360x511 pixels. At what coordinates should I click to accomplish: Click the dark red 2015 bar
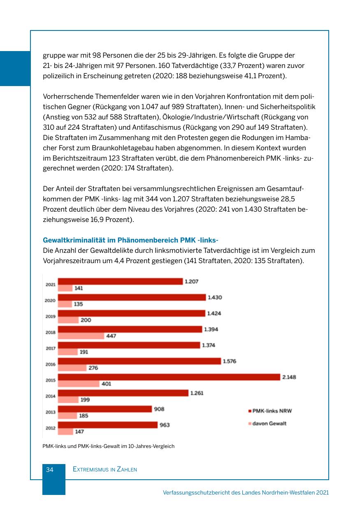pyautogui.click(x=169, y=377)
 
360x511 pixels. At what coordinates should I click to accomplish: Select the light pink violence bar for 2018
pyautogui.click(x=81, y=336)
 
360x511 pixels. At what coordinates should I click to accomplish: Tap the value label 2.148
pyautogui.click(x=289, y=377)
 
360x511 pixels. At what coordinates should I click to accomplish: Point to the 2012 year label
pyautogui.click(x=50, y=428)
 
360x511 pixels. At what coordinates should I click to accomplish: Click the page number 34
pyautogui.click(x=50, y=469)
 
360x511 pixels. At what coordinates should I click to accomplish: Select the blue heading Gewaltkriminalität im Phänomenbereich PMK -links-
pyautogui.click(x=130, y=240)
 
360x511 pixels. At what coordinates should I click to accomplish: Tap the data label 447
pyautogui.click(x=111, y=336)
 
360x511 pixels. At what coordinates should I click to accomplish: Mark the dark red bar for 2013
pyautogui.click(x=105, y=409)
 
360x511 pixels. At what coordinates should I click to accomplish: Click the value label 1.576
pyautogui.click(x=229, y=361)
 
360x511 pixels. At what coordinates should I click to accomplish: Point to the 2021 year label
pyautogui.click(x=50, y=285)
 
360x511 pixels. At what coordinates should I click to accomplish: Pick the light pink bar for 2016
pyautogui.click(x=72, y=368)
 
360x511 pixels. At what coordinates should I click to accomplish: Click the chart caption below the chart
pyautogui.click(x=109, y=446)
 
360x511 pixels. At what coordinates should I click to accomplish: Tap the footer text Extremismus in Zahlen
pyautogui.click(x=105, y=469)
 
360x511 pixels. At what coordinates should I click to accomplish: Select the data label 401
pyautogui.click(x=106, y=384)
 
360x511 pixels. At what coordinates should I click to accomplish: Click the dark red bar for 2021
pyautogui.click(x=120, y=281)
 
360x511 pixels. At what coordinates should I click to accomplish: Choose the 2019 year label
pyautogui.click(x=50, y=316)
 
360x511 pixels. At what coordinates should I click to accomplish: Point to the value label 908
pyautogui.click(x=159, y=409)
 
